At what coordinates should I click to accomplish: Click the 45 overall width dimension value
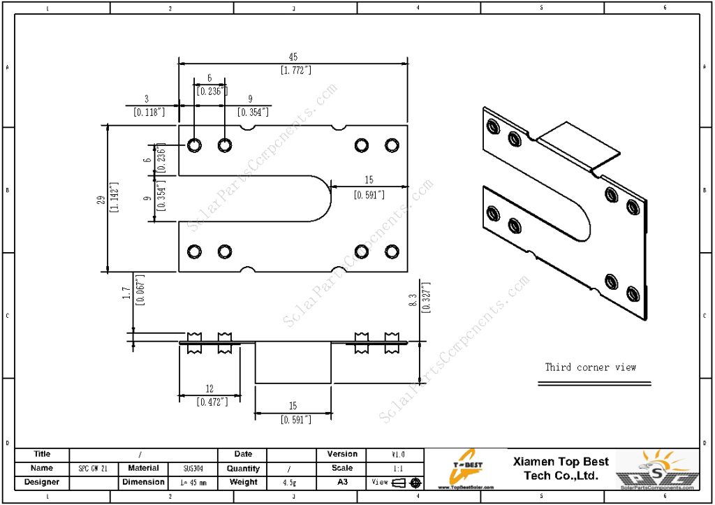click(293, 57)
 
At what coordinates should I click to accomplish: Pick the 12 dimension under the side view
click(209, 389)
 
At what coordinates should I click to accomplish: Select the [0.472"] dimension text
click(209, 402)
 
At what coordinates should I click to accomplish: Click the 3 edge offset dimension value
click(147, 99)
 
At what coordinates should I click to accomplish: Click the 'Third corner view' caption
click(591, 367)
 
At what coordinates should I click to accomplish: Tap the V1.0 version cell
click(397, 455)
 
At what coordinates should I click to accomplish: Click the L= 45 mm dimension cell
click(193, 482)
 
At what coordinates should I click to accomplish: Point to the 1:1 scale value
click(397, 469)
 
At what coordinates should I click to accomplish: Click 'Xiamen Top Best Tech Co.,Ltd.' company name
click(561, 469)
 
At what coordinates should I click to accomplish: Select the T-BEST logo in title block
click(466, 469)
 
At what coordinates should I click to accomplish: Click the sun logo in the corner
click(658, 469)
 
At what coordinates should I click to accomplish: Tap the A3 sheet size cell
click(342, 482)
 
